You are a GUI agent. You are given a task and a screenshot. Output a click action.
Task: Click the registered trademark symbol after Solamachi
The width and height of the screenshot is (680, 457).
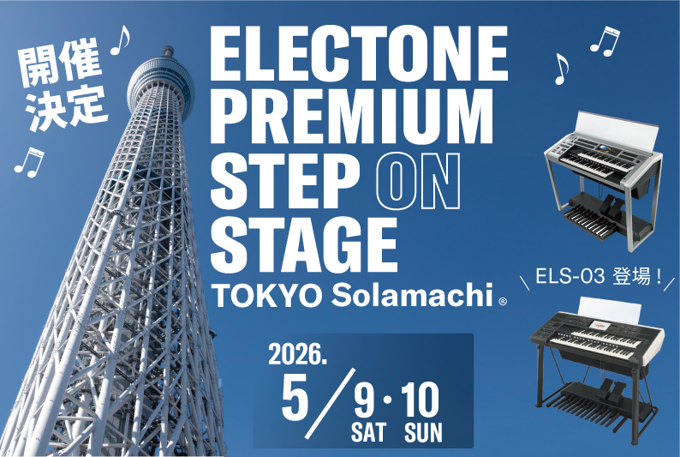point(503,301)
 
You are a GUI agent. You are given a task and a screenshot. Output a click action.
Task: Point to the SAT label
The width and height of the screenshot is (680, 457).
point(368,433)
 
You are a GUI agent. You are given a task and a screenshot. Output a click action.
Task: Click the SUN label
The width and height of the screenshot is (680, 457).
point(423,433)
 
